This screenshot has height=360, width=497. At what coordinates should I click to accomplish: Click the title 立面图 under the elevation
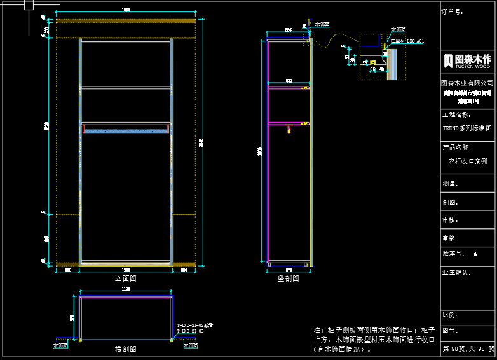[125, 278]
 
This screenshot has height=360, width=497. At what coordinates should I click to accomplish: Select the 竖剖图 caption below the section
[288, 278]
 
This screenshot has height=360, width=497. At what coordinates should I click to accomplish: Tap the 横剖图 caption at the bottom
[125, 349]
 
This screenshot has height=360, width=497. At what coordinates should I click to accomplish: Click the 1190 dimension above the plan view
[125, 289]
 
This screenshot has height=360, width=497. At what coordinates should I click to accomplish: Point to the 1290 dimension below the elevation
[126, 270]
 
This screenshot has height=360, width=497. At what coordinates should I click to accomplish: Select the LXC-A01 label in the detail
[415, 41]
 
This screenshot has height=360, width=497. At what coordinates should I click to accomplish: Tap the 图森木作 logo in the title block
[468, 60]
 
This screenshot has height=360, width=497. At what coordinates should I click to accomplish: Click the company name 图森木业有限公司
[468, 83]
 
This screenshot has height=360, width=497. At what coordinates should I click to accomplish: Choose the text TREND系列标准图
[467, 128]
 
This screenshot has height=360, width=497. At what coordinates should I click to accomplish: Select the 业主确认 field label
[456, 272]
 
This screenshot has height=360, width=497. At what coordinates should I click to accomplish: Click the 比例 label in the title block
[449, 315]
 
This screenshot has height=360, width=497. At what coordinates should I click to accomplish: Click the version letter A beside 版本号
[475, 253]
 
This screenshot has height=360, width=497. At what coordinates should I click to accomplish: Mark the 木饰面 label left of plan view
[60, 346]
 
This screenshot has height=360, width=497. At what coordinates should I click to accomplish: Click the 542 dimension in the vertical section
[289, 81]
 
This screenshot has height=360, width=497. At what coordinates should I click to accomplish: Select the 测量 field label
[450, 184]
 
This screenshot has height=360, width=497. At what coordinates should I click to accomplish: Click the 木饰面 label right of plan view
[190, 346]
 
